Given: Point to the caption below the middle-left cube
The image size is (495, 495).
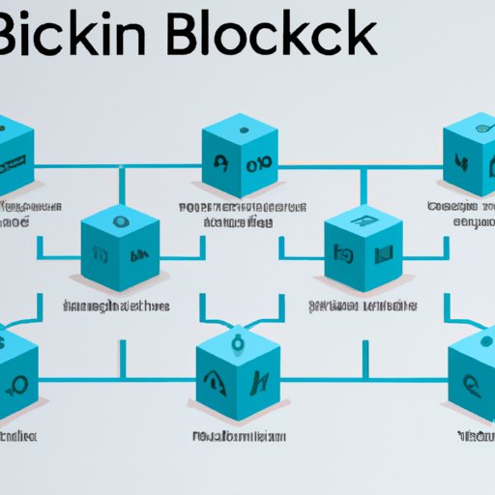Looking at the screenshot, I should tap(116, 306).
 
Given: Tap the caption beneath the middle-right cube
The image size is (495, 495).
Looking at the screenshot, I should tap(362, 306).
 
